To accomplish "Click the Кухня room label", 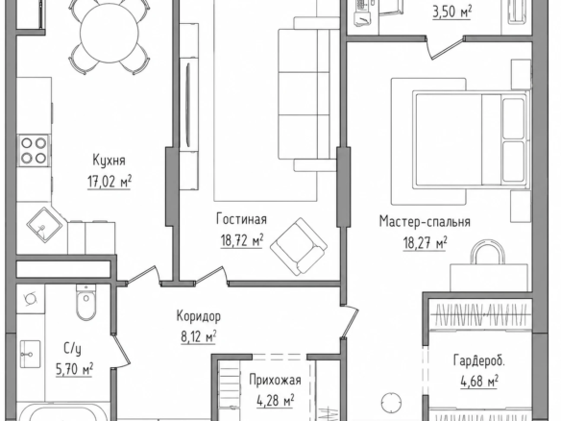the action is [110, 161].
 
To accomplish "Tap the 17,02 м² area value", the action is [110, 182].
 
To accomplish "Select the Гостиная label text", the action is [241, 219].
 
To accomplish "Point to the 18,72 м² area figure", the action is [242, 240].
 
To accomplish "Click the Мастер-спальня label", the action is [425, 221].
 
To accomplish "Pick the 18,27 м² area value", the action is [425, 243].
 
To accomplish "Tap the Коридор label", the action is [199, 316].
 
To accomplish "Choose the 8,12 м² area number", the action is [199, 336].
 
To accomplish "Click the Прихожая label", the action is [275, 381].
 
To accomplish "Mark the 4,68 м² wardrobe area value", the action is [479, 382].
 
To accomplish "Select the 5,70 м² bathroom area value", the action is [74, 369].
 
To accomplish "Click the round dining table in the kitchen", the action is [110, 33].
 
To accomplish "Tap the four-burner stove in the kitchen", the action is [34, 150].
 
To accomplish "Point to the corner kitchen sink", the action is [44, 225].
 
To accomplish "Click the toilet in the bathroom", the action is [85, 303].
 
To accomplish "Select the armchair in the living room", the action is [299, 246].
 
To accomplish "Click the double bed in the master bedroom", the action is [472, 139].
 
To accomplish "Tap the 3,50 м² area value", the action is [451, 12].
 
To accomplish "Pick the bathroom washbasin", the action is [30, 354].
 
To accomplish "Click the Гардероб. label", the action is [479, 360].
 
